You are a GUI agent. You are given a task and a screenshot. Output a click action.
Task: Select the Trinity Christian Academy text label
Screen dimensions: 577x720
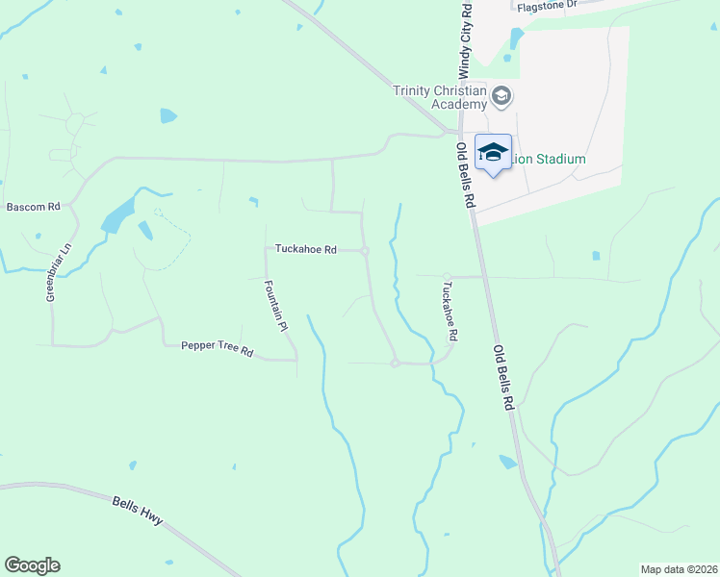(441, 97)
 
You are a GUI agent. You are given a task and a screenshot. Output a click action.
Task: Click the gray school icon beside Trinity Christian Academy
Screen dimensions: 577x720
(501, 96)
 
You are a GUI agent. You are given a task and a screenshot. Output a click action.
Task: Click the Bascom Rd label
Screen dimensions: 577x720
(34, 207)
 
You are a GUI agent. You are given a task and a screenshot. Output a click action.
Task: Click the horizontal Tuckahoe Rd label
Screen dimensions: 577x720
(305, 250)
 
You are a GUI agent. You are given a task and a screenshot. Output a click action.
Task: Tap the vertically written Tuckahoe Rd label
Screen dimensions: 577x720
(449, 311)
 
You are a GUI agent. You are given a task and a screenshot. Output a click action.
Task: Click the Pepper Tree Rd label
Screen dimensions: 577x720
(217, 348)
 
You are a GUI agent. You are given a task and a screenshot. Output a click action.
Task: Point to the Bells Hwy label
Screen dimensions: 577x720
(138, 511)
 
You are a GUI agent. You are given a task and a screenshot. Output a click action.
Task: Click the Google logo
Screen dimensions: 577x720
(32, 565)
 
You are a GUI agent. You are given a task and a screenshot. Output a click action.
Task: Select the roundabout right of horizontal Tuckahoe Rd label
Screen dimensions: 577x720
(366, 251)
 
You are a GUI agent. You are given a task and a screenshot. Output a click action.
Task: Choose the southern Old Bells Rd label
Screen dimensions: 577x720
(503, 378)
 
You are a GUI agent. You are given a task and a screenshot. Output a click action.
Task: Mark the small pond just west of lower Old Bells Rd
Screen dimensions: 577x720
(507, 463)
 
